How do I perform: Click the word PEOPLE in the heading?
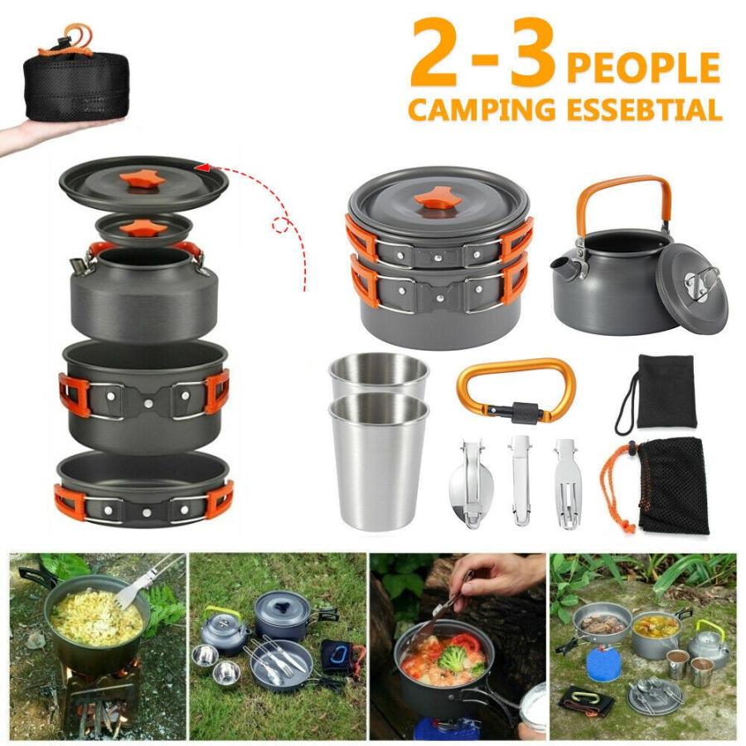[x=642, y=67]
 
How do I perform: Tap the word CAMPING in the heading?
[x=482, y=109]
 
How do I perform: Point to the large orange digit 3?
[x=533, y=52]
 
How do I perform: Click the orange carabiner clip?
[x=516, y=390]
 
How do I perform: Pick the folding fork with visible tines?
[x=568, y=484]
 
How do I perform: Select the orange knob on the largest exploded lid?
[x=142, y=181]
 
